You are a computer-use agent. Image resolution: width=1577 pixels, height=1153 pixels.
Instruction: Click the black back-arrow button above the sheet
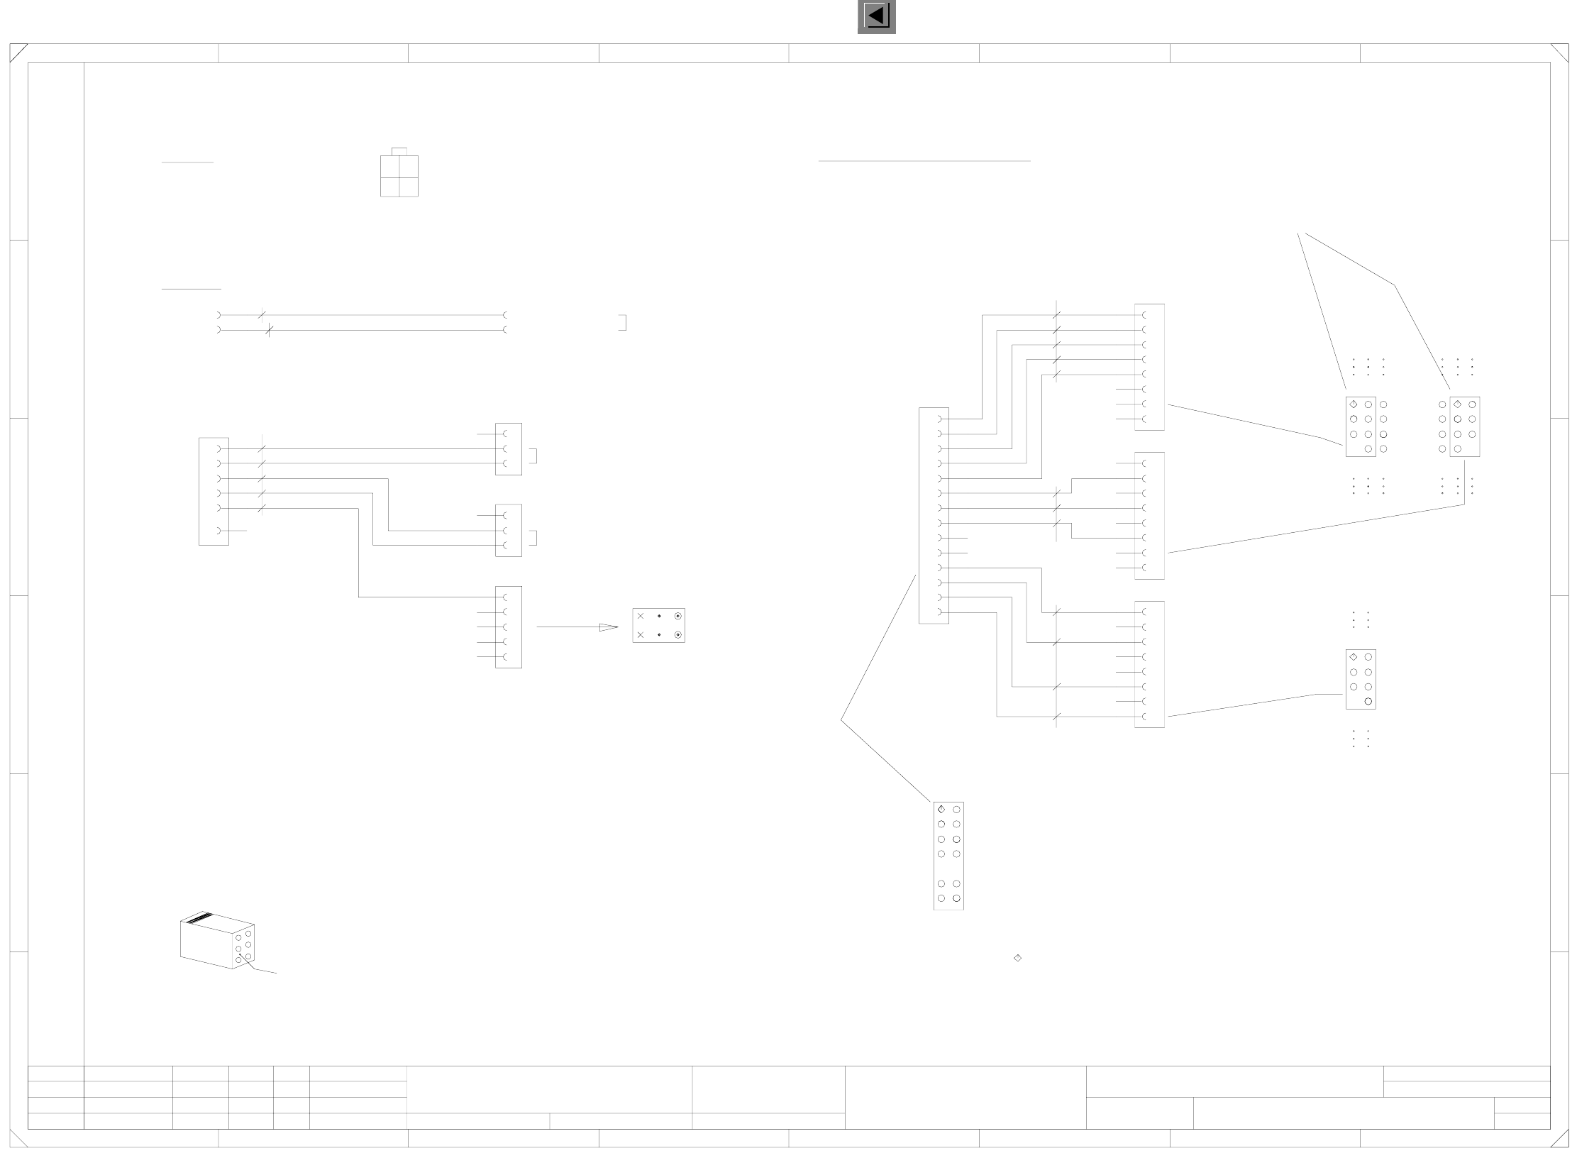pos(876,16)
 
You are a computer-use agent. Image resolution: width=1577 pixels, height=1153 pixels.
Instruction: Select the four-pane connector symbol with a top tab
pos(399,176)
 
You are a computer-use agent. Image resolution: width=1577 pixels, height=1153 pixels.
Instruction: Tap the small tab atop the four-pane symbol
pos(399,151)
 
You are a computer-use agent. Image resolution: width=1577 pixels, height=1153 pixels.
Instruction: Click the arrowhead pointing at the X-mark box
pos(609,627)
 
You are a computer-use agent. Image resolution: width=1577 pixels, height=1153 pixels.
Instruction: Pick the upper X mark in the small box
pos(641,616)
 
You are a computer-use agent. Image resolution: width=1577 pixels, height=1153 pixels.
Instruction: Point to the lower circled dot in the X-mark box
pos(678,635)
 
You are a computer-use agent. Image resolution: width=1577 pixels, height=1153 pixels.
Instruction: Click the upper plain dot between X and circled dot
pos(659,616)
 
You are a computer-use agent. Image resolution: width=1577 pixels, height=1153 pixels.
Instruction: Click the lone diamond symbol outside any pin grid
pos(1017,958)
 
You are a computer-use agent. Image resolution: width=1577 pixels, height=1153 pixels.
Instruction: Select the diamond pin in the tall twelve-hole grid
pos(941,809)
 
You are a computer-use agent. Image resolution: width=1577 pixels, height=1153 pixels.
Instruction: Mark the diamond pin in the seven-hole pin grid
pos(1354,657)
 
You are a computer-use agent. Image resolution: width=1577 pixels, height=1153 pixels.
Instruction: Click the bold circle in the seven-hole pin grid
pos(1368,702)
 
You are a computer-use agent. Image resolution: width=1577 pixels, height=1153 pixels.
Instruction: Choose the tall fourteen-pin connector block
pos(934,516)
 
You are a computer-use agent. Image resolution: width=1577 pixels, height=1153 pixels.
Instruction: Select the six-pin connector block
pos(214,491)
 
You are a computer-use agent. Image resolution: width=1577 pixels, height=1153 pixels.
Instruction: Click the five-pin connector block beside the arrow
pos(508,627)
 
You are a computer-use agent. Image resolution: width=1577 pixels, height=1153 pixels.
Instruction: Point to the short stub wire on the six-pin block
pos(237,531)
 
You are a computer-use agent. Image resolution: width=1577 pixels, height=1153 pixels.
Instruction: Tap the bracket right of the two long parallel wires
pos(623,323)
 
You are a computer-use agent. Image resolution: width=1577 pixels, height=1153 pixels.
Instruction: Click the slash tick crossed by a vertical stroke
pos(268,330)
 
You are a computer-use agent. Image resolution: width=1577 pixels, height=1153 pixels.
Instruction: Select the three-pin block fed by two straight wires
pos(508,449)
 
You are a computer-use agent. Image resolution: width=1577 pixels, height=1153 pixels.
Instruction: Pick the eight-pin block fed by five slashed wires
pos(1149,367)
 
